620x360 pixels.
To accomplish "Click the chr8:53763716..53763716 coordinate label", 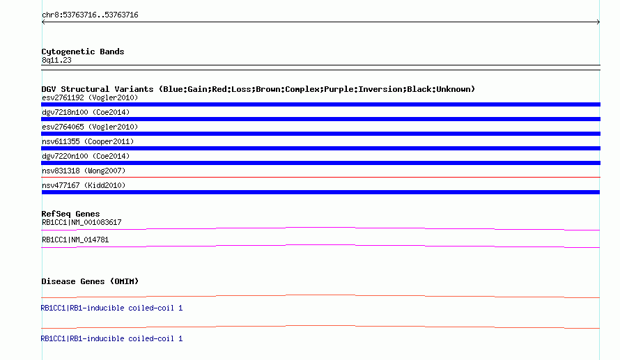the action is point(90,15).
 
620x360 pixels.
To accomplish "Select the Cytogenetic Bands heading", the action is point(83,52).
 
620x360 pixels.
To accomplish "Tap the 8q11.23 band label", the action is point(56,60).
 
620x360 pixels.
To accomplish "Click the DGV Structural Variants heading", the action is point(258,89).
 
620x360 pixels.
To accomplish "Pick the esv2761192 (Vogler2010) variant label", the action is point(90,97).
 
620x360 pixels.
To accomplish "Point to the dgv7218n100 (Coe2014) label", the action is point(86,112).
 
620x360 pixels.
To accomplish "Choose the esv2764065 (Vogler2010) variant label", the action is point(90,127).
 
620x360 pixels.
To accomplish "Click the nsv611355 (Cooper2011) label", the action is point(88,141).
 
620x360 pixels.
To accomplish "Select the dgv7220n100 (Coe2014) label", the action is point(86,156).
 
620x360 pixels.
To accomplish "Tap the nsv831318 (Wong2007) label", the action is point(84,171).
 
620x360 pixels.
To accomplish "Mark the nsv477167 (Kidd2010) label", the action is point(84,185).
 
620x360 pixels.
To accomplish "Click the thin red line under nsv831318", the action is point(320,178).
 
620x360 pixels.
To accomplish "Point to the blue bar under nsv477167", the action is point(320,192).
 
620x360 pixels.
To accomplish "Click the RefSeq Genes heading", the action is point(71,214).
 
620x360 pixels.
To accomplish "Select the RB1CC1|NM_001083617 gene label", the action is point(82,223).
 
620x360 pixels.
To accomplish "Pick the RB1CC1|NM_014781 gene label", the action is point(75,240).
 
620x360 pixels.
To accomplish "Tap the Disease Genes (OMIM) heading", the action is point(90,281).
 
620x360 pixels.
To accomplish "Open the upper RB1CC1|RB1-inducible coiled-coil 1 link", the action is point(112,308).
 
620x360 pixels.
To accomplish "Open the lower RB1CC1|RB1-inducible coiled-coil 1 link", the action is point(112,338).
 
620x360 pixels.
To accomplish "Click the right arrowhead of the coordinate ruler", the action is point(599,22).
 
